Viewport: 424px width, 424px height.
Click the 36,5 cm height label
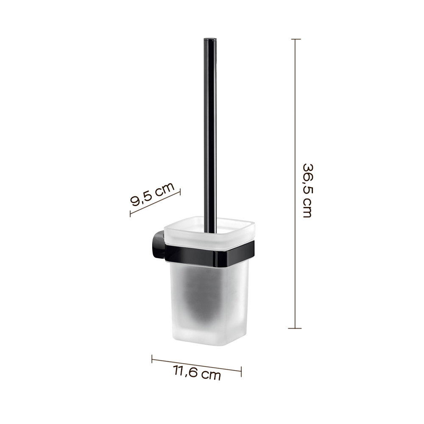point(307,191)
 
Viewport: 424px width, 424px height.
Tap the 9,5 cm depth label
point(152,194)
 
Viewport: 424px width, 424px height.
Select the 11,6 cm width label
point(197,373)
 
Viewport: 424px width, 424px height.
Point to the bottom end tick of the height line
point(295,328)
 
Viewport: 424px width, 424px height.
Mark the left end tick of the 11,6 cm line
point(152,359)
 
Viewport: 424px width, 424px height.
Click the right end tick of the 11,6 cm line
point(241,371)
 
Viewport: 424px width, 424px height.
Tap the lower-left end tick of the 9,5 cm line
point(130,213)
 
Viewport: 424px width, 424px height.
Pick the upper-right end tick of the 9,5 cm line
point(180,192)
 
